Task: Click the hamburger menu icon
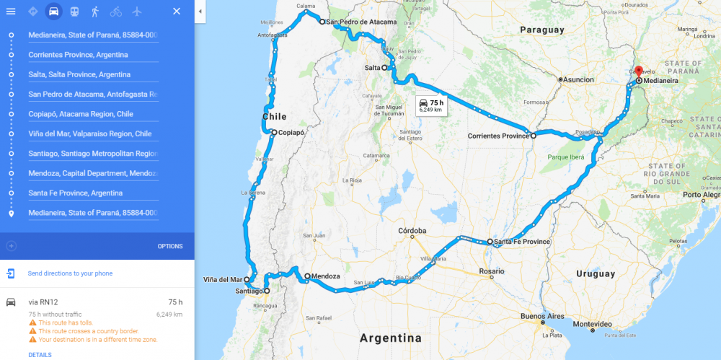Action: pyautogui.click(x=11, y=12)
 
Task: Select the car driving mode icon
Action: pyautogui.click(x=53, y=12)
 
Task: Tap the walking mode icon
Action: pyautogui.click(x=95, y=12)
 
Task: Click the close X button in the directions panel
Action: pyautogui.click(x=177, y=12)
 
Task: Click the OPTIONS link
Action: pyautogui.click(x=170, y=246)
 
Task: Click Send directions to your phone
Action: pyautogui.click(x=70, y=273)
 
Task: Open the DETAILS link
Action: pyautogui.click(x=40, y=354)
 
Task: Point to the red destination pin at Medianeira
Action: pyautogui.click(x=638, y=73)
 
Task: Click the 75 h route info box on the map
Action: pyautogui.click(x=431, y=105)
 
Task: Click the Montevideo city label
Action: pyautogui.click(x=591, y=323)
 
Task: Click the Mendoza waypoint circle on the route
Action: pyautogui.click(x=306, y=276)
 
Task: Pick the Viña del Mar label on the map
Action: pyautogui.click(x=223, y=279)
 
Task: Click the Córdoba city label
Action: pyautogui.click(x=412, y=231)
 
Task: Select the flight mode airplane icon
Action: pyautogui.click(x=137, y=12)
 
